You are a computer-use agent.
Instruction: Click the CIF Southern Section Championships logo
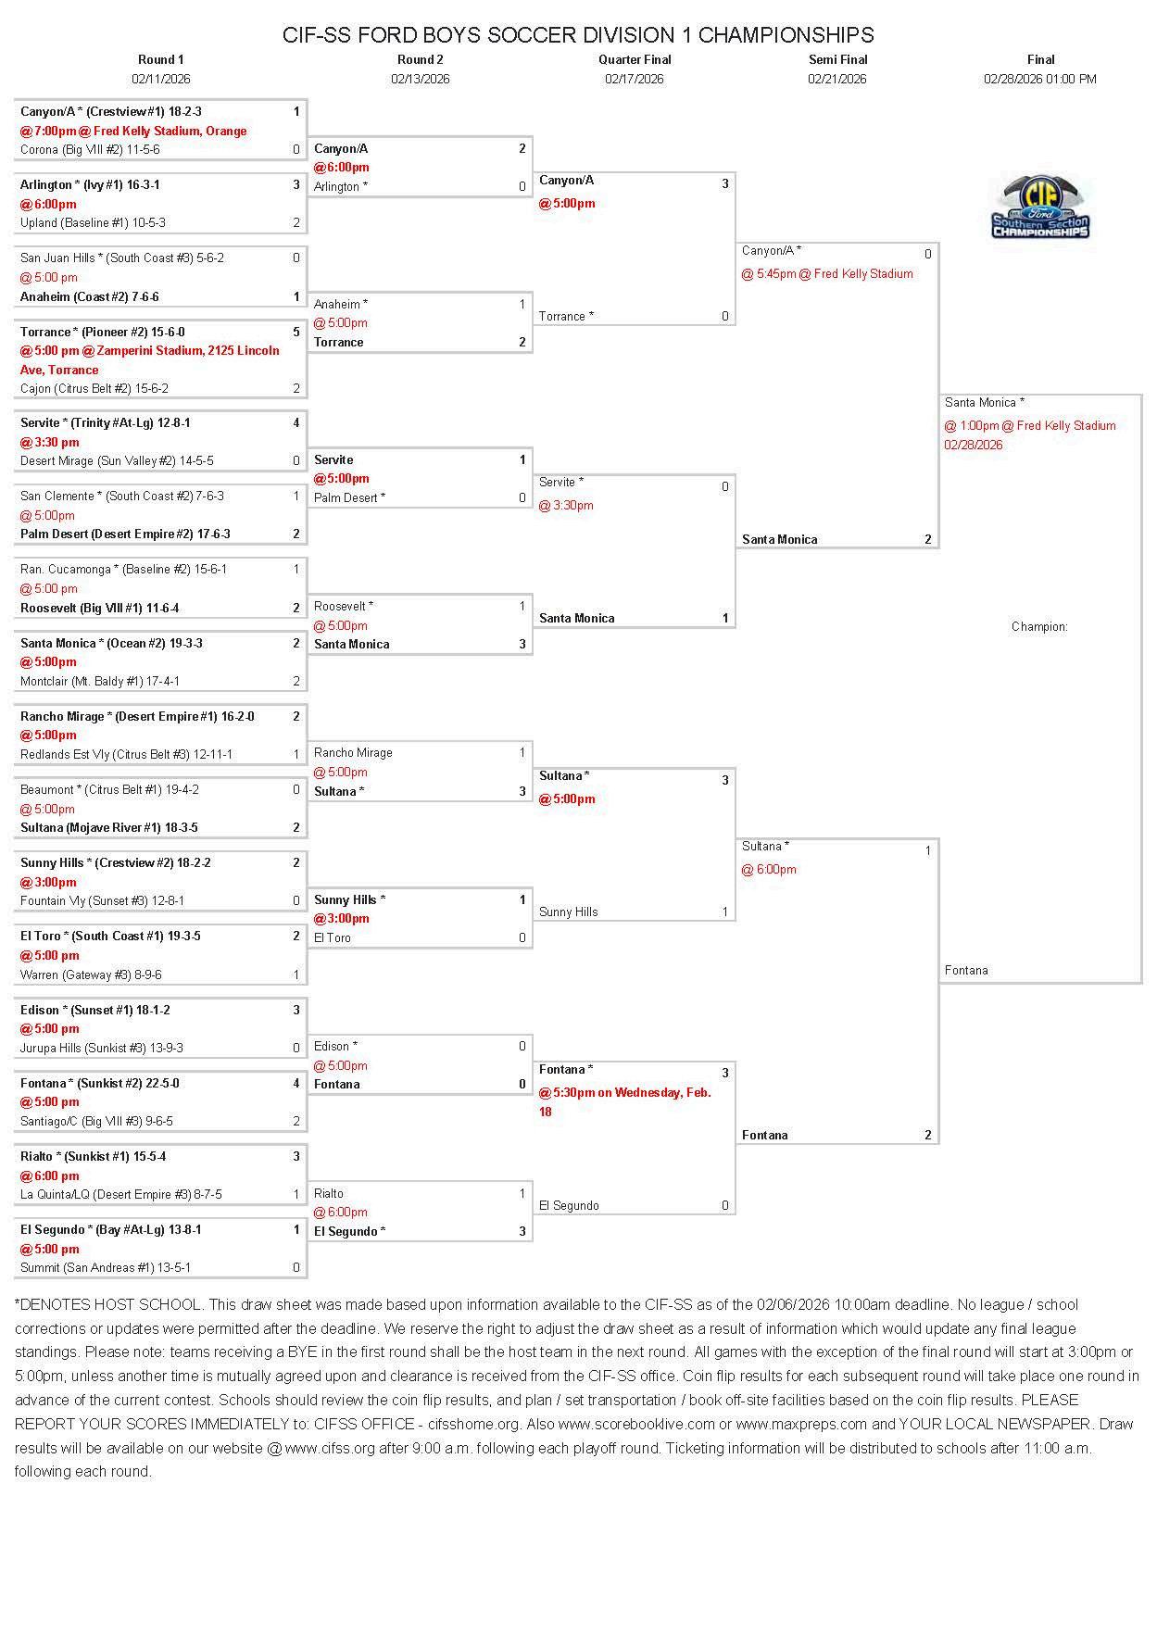pyautogui.click(x=1040, y=208)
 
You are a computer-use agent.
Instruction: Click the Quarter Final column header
pyautogui.click(x=635, y=59)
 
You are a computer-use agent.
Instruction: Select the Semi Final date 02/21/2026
pyautogui.click(x=836, y=79)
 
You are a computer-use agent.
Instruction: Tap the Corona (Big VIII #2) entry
pyautogui.click(x=90, y=149)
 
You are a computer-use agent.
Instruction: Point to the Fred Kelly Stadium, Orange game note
pyautogui.click(x=133, y=131)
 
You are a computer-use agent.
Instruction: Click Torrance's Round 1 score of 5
pyautogui.click(x=296, y=332)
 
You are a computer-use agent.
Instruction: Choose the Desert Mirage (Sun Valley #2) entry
pyautogui.click(x=117, y=460)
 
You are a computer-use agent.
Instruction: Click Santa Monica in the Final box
pyautogui.click(x=985, y=402)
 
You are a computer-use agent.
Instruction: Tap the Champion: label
pyautogui.click(x=1039, y=626)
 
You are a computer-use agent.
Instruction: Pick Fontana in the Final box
pyautogui.click(x=966, y=970)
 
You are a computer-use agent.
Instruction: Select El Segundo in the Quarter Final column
pyautogui.click(x=569, y=1205)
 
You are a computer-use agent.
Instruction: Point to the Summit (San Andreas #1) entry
pyautogui.click(x=106, y=1267)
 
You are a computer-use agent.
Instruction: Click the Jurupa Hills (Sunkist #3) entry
pyautogui.click(x=102, y=1048)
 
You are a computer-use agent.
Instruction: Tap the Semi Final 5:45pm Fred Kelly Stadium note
pyautogui.click(x=827, y=273)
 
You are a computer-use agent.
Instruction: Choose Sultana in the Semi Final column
pyautogui.click(x=765, y=846)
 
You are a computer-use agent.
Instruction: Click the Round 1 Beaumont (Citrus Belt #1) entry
pyautogui.click(x=109, y=789)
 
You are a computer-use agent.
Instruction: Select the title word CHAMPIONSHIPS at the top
pyautogui.click(x=786, y=35)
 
